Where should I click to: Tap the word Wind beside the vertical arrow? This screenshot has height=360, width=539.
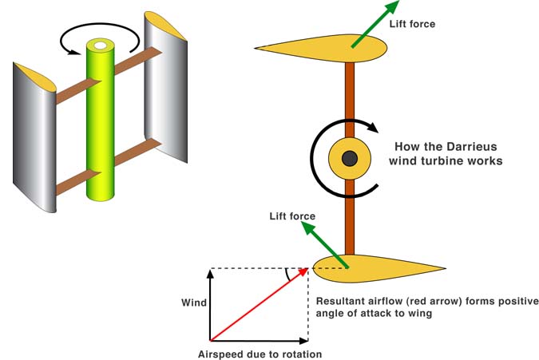[194, 303]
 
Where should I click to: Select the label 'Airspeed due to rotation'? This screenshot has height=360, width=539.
[260, 354]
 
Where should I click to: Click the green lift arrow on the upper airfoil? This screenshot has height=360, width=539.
[375, 24]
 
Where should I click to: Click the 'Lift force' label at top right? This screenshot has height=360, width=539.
[412, 24]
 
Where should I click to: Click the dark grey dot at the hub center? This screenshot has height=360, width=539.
[349, 158]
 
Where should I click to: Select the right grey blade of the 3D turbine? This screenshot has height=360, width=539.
[165, 96]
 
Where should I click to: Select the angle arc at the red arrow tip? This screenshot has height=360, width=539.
[288, 275]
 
